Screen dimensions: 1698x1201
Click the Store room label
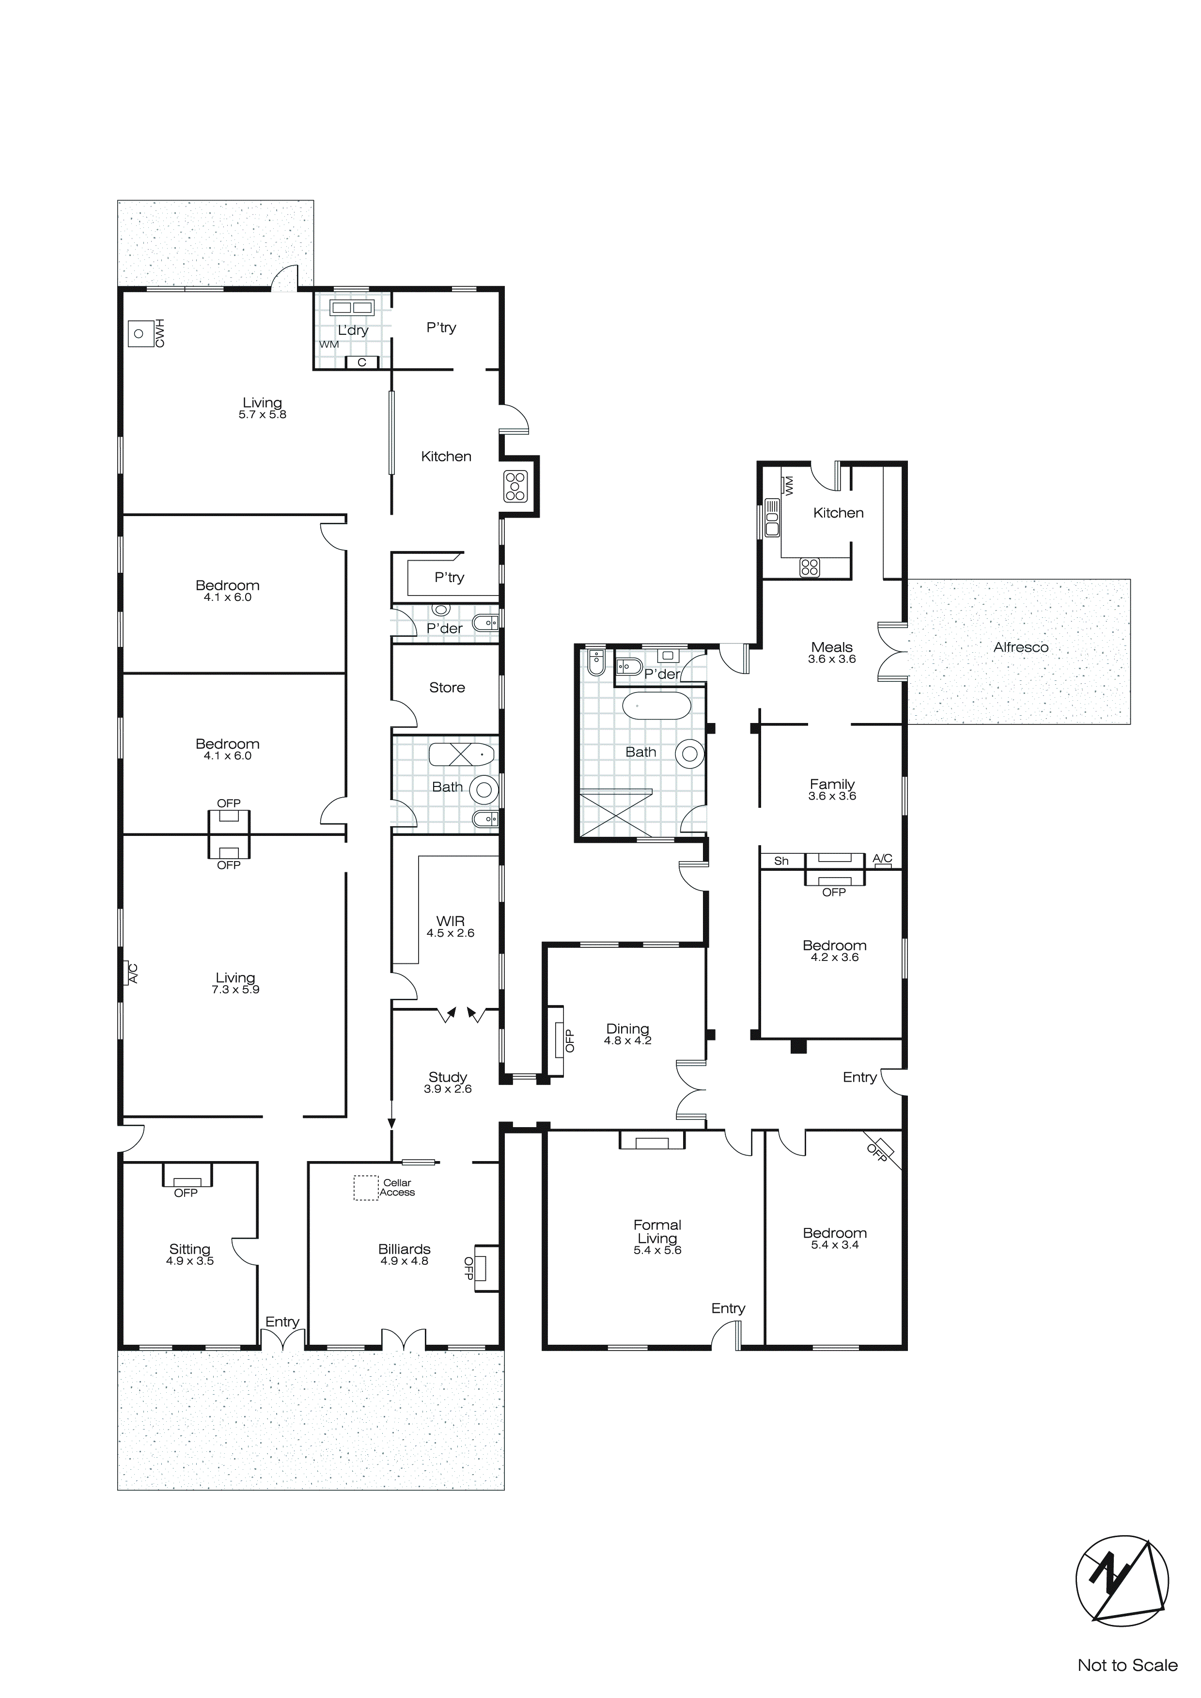[447, 688]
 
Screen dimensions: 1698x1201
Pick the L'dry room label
[353, 330]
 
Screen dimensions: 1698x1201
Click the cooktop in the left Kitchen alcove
[515, 486]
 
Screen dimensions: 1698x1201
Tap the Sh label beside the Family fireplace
[781, 861]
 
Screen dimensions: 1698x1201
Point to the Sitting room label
[189, 1249]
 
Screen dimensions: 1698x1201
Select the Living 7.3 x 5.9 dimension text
[235, 990]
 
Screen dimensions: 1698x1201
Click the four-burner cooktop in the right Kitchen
[809, 567]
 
